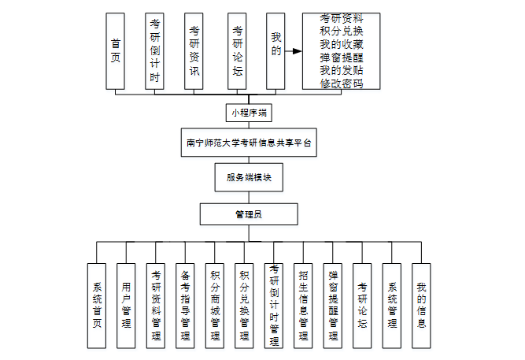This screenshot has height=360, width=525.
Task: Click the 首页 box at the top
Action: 116,50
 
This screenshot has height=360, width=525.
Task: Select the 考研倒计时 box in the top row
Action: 155,50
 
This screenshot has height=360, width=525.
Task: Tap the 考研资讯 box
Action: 194,50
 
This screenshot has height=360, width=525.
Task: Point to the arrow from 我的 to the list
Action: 294,51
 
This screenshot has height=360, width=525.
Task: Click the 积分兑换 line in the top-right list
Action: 342,30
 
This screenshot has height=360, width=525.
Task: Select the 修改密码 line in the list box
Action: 342,84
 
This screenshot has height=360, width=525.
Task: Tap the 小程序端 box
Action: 249,113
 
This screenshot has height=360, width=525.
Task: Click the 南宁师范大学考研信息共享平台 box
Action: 249,143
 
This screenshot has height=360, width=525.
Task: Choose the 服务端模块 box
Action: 249,178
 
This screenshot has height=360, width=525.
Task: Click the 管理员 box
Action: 249,213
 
